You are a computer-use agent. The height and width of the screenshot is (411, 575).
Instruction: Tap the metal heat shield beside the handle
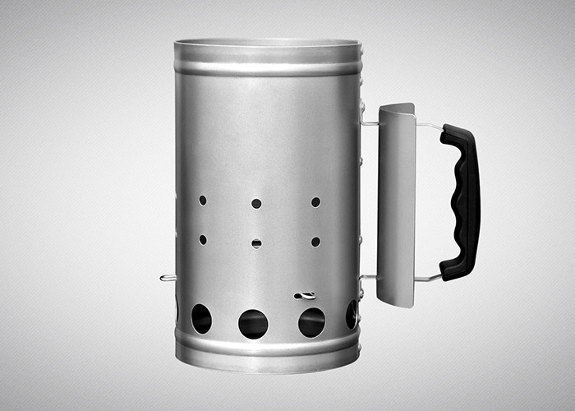pos(396,205)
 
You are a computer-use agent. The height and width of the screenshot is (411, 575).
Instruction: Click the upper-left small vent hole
pos(202,200)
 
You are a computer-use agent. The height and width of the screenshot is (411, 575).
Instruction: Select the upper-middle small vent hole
pos(256,203)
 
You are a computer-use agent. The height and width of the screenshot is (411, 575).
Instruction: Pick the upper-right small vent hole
pos(315,201)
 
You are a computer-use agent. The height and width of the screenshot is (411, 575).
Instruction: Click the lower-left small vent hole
pos(202,240)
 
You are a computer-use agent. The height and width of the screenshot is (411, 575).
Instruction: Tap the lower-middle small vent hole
pos(256,243)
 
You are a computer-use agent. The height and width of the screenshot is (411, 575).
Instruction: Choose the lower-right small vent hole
pos(315,242)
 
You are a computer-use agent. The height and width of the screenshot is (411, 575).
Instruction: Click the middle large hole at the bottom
pos(253,324)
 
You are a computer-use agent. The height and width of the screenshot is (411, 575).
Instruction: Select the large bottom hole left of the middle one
pos(201,319)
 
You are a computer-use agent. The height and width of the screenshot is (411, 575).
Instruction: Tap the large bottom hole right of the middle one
pos(311,322)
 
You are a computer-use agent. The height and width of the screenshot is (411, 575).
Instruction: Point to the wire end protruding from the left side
pos(166,278)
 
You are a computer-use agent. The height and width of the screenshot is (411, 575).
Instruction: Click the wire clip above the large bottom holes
pos(305,295)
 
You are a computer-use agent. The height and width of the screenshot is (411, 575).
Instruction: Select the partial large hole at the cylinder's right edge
pos(352,314)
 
